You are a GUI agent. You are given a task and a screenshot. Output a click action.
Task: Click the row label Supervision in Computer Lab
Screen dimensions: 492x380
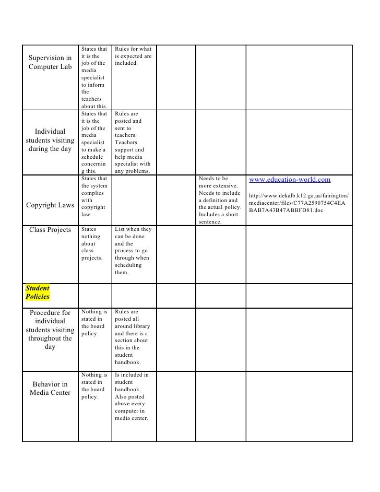coord(50,62)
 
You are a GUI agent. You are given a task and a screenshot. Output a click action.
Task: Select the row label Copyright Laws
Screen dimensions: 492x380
coord(50,205)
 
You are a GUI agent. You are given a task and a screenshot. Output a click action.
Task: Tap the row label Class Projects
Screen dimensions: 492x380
coord(50,230)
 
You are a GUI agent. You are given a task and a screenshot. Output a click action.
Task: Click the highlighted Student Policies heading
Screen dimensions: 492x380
coord(38,292)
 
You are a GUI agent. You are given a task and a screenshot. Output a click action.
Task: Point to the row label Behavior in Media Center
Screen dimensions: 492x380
coord(50,389)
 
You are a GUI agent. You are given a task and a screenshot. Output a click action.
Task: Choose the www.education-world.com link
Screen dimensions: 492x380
coord(290,180)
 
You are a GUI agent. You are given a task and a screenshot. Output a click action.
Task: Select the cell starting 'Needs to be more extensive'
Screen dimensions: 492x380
coord(219,201)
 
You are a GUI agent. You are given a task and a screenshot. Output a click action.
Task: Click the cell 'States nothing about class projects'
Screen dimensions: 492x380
coord(94,243)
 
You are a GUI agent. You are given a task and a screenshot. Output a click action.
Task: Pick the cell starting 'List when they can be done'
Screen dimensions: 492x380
coord(133,251)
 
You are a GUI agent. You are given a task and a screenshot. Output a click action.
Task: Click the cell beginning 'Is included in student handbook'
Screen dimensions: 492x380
coord(132,396)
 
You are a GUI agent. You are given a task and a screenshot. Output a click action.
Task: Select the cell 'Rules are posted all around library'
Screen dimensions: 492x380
coord(132,337)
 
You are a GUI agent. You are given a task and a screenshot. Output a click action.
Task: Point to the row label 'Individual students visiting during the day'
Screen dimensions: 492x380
coord(50,140)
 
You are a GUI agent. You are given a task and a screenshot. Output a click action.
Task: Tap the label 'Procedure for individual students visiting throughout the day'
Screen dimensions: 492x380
coord(50,330)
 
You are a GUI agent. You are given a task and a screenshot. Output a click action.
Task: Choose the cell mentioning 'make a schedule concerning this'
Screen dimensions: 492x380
coord(94,142)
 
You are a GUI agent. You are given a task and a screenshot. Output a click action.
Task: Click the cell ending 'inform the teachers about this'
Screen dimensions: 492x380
coord(94,78)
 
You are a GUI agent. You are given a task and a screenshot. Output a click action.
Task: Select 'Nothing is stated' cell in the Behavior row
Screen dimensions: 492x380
coord(94,385)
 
